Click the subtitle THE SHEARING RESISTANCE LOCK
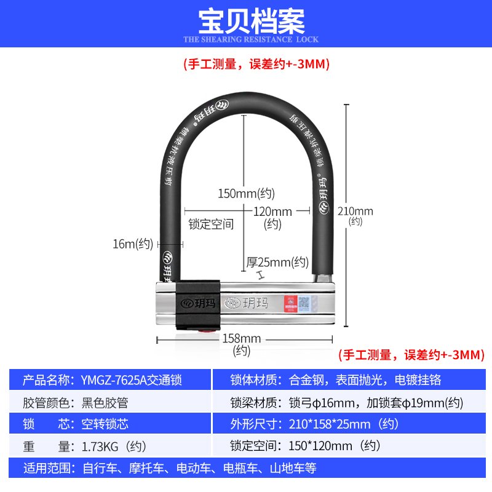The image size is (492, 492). pyautogui.click(x=251, y=39)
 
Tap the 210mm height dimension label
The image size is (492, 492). pyautogui.click(x=355, y=212)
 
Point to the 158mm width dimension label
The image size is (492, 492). pyautogui.click(x=242, y=338)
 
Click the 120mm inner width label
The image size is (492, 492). pyautogui.click(x=272, y=212)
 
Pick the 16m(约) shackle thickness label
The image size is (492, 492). pyautogui.click(x=132, y=244)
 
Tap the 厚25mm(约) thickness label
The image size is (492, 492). pyautogui.click(x=277, y=262)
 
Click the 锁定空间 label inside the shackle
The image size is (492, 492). pyautogui.click(x=211, y=224)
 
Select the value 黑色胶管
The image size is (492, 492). pyautogui.click(x=105, y=403)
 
